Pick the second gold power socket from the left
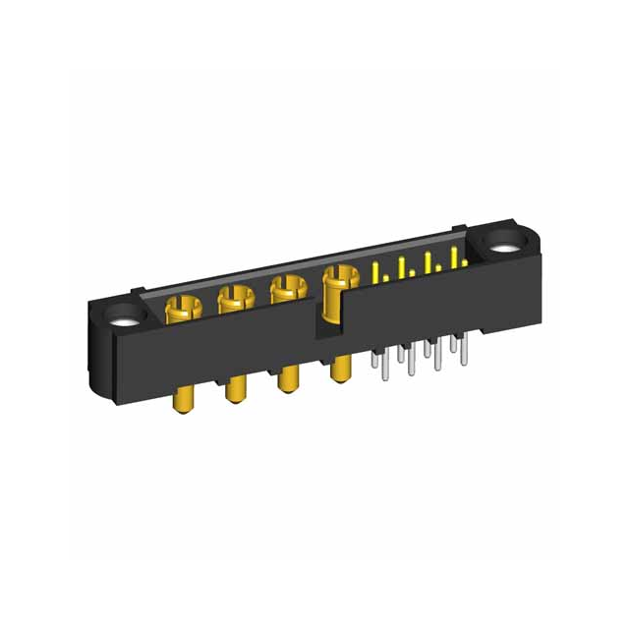click(x=234, y=299)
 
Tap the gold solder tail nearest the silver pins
click(x=340, y=370)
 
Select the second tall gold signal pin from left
click(x=402, y=266)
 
